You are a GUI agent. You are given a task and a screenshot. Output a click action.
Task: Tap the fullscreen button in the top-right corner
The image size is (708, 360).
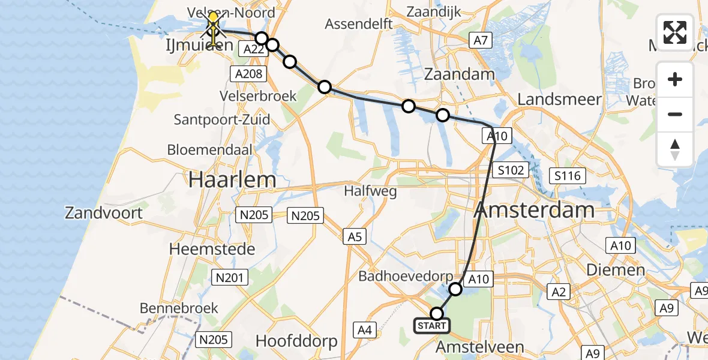click(675, 32)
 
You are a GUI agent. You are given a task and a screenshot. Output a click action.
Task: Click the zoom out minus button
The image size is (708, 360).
click(675, 114)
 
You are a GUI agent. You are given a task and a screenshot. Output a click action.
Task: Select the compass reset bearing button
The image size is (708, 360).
click(675, 149)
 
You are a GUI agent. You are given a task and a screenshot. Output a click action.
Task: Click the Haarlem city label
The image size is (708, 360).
click(233, 179)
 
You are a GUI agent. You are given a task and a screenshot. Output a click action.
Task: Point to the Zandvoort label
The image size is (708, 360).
click(104, 212)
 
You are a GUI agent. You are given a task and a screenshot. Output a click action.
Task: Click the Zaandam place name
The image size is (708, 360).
click(460, 74)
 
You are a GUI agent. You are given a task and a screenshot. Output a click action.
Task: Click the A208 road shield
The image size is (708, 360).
click(247, 74)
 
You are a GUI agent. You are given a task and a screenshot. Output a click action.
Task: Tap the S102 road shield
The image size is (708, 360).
click(512, 170)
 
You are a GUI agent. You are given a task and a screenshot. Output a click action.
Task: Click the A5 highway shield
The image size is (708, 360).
click(355, 236)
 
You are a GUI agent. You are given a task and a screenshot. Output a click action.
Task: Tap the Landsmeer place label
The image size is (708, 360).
click(559, 99)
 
